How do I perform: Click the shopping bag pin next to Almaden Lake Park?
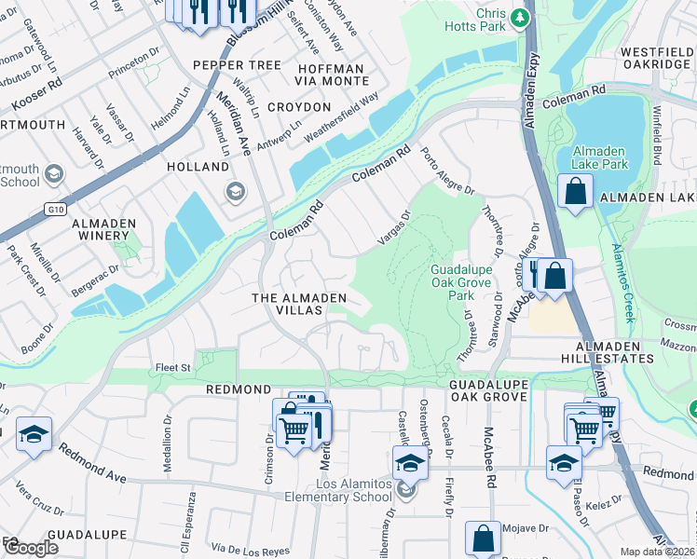(x=576, y=192)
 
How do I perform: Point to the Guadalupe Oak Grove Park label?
(x=454, y=281)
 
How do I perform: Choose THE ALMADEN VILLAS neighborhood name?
(x=300, y=304)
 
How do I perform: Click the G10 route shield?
(x=55, y=210)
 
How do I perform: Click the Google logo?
(x=30, y=548)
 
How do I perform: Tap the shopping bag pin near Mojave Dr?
(x=483, y=538)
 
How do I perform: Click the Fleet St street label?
(x=172, y=367)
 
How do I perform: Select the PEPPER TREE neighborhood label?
(x=237, y=65)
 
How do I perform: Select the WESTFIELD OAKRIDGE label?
(x=655, y=58)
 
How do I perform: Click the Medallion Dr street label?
(x=168, y=454)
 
